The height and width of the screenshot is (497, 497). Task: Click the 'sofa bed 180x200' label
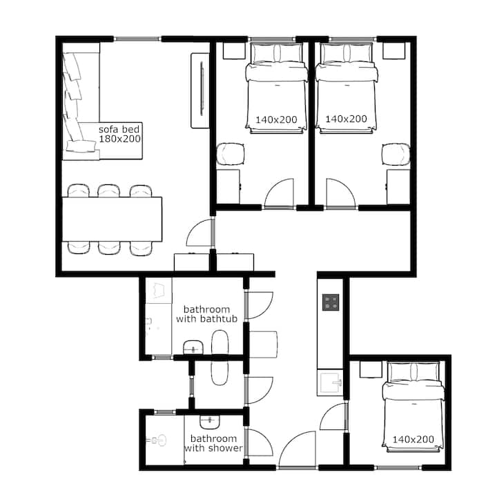click(x=119, y=134)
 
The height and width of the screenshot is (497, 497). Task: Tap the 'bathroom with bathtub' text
click(x=206, y=314)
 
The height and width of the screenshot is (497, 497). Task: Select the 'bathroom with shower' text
click(x=213, y=443)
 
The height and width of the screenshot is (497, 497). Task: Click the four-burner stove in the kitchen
click(x=331, y=302)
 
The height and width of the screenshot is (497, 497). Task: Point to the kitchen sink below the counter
click(x=330, y=382)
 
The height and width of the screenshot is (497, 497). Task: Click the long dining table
click(x=112, y=219)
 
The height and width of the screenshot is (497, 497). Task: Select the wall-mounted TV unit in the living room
click(x=200, y=90)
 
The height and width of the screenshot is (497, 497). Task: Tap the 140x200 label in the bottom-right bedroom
click(x=413, y=439)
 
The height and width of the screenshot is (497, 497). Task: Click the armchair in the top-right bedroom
click(x=396, y=155)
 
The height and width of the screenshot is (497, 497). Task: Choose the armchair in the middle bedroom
click(x=231, y=154)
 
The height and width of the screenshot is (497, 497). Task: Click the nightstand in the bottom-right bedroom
click(x=371, y=369)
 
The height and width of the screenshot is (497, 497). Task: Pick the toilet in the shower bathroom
click(x=157, y=440)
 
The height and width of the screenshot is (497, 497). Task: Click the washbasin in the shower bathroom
click(x=210, y=422)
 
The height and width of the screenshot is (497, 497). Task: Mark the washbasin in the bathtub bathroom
click(x=193, y=347)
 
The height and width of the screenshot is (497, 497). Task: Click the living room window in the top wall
click(x=137, y=39)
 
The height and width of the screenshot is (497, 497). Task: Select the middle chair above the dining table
click(x=109, y=191)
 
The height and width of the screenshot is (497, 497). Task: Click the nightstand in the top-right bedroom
click(x=394, y=50)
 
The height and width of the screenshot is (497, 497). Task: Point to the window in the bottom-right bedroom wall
click(x=398, y=467)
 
